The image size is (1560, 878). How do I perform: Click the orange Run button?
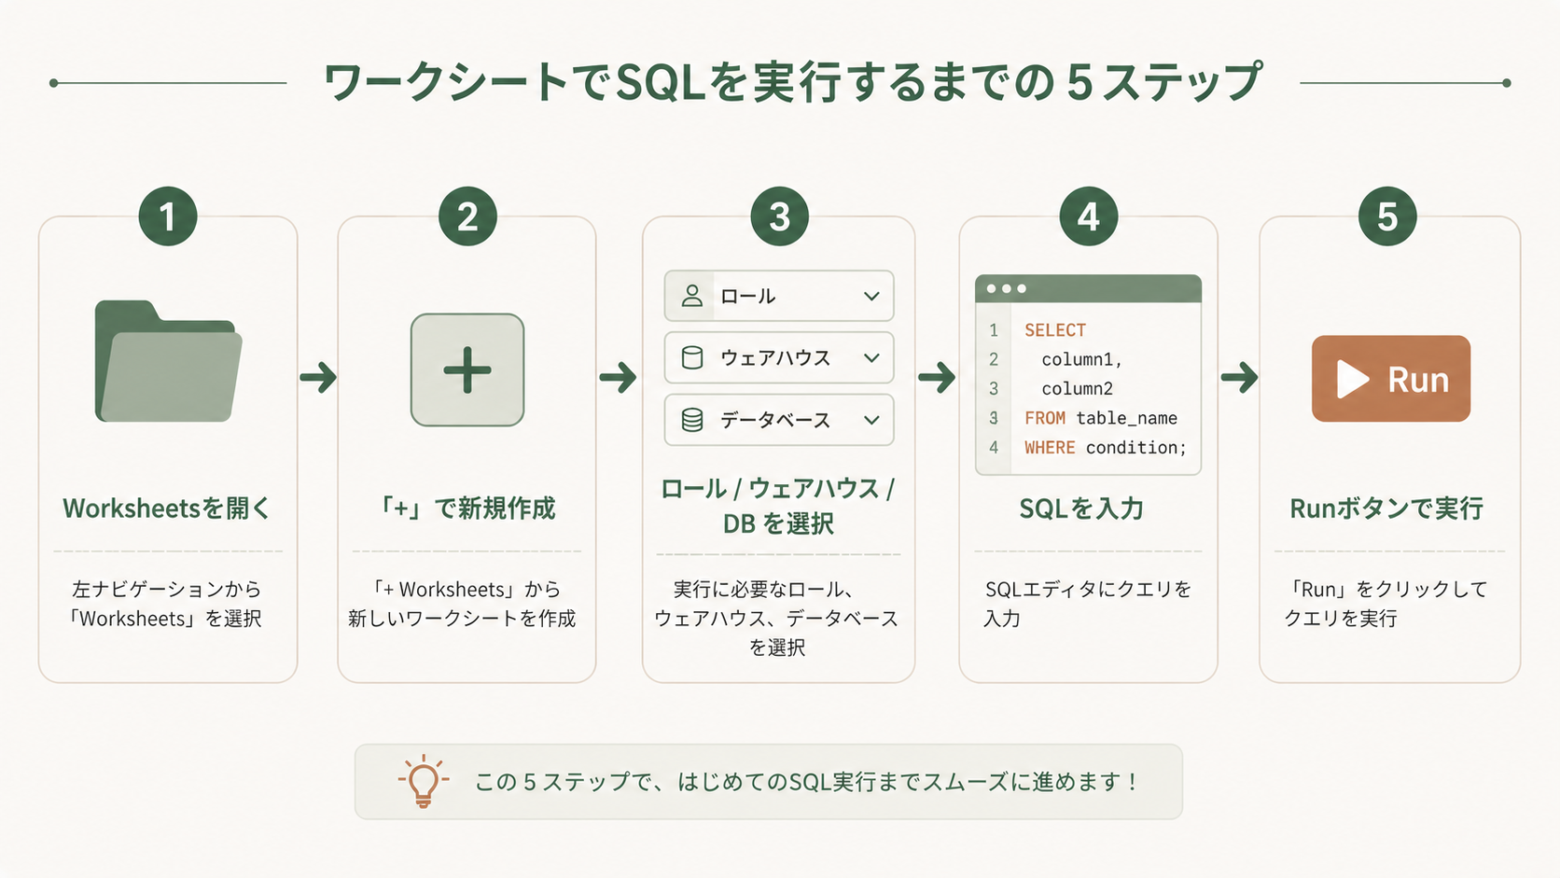(x=1391, y=379)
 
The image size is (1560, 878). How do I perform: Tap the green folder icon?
(x=168, y=361)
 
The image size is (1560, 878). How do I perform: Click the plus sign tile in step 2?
(x=467, y=369)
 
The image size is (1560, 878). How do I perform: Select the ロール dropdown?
(x=779, y=296)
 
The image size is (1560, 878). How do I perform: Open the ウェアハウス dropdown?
(x=779, y=358)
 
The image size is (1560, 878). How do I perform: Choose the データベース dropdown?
(x=779, y=420)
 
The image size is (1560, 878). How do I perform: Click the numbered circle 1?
(x=168, y=216)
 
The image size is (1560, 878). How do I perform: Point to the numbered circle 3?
(x=779, y=216)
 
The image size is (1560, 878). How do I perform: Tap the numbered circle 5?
(x=1387, y=216)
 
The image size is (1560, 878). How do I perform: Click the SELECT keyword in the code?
(x=1055, y=330)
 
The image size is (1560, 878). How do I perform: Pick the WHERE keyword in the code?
(x=1050, y=447)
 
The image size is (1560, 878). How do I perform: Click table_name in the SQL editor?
(x=1127, y=418)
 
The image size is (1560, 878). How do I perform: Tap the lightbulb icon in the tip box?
(x=424, y=781)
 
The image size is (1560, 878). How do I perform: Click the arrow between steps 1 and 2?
(x=318, y=377)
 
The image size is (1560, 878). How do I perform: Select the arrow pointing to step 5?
(x=1239, y=377)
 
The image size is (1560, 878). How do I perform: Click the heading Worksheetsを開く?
(x=166, y=509)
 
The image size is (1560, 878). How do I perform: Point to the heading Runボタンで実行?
(x=1386, y=509)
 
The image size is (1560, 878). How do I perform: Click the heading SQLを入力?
(x=1081, y=509)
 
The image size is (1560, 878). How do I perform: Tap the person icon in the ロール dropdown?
(x=691, y=296)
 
